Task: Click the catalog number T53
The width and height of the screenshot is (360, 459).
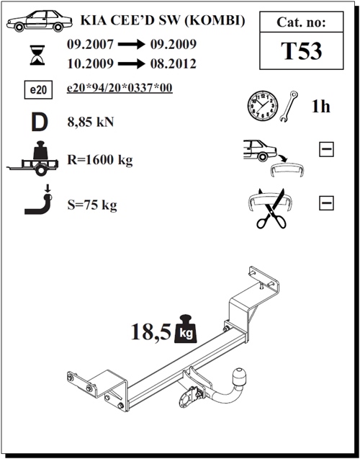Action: point(301,51)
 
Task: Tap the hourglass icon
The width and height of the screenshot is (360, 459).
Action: point(37,55)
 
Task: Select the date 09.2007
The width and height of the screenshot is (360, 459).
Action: point(90,44)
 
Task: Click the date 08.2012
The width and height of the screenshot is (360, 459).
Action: point(173,63)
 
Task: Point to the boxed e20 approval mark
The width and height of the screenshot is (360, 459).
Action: point(38,89)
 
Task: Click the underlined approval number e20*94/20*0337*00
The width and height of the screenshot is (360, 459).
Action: point(120,88)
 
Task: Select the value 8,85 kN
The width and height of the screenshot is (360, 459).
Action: point(91,122)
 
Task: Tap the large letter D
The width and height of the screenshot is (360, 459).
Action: point(40,122)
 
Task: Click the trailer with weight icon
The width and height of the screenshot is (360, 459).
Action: point(32,159)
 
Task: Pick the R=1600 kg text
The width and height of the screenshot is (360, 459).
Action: point(100,160)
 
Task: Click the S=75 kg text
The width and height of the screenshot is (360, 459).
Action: point(92,205)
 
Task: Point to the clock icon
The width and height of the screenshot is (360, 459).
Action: point(263,105)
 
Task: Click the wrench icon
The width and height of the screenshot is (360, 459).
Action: point(288,106)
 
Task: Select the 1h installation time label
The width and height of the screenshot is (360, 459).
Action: point(321,106)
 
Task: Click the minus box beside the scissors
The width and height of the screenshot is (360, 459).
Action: point(326,203)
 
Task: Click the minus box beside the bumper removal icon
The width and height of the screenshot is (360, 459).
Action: point(326,149)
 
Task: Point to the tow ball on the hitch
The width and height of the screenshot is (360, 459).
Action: point(239,376)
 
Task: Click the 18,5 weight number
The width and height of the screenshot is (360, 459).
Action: point(150,331)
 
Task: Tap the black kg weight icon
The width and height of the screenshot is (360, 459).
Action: point(186,329)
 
